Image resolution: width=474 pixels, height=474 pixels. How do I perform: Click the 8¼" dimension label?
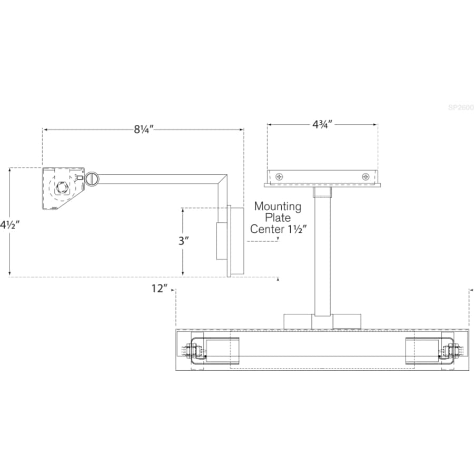tap(143, 128)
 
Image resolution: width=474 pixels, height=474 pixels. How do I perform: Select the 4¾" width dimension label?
tap(322, 124)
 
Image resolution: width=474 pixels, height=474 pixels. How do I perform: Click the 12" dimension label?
tap(159, 288)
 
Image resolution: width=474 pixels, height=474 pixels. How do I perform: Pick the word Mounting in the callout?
tap(278, 206)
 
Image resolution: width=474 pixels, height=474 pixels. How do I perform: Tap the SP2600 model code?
tap(460, 107)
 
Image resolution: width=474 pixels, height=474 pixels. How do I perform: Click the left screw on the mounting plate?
tap(279, 176)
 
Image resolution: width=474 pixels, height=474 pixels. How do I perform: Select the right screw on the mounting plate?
tap(366, 176)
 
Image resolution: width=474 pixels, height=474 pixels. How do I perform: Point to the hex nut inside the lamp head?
tap(62, 188)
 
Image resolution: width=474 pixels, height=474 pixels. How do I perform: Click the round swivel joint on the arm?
tap(92, 179)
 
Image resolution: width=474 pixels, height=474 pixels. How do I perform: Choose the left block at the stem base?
tap(298, 321)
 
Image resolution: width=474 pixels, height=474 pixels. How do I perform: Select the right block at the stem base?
tap(347, 321)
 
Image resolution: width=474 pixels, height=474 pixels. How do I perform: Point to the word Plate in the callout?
tap(278, 218)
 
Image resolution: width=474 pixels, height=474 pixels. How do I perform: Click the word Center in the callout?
tap(266, 229)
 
